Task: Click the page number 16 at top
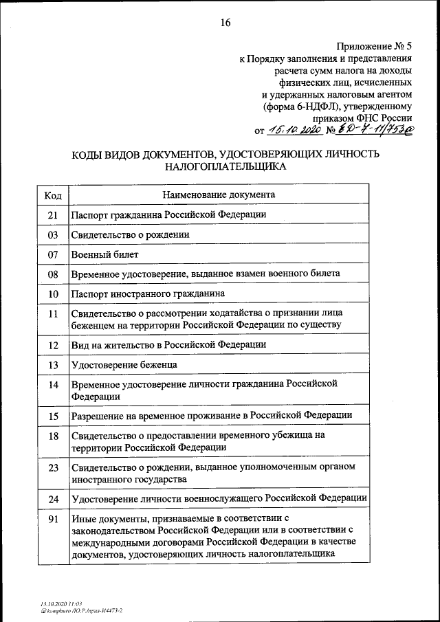225,23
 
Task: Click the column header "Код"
52,195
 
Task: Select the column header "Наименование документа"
219,195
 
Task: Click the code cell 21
52,214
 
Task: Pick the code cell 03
52,234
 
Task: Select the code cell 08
52,274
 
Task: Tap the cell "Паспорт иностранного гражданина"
148,293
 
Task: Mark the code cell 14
52,385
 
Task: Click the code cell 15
52,416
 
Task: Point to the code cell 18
52,436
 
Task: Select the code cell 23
52,467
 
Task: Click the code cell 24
52,498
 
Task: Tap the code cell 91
52,519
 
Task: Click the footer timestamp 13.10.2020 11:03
61,603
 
